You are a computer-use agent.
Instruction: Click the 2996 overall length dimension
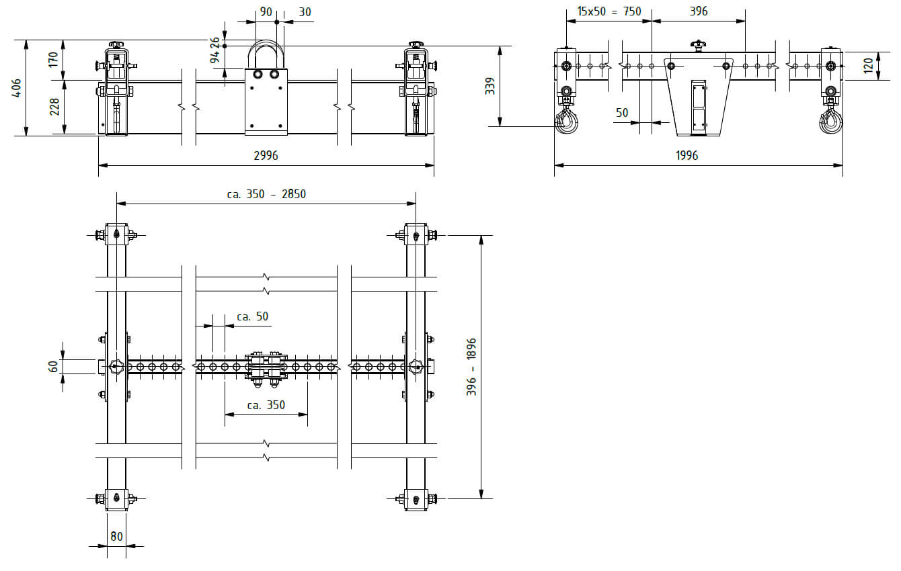tap(266, 155)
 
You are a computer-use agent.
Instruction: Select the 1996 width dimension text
tap(687, 155)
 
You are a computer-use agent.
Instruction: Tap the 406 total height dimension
tap(17, 87)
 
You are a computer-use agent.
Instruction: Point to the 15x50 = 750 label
tap(609, 11)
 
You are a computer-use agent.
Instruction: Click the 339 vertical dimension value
tap(490, 86)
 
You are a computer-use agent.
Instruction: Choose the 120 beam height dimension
tap(868, 66)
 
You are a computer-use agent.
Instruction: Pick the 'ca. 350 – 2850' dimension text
tap(266, 194)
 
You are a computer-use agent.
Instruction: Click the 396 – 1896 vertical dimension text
tap(471, 367)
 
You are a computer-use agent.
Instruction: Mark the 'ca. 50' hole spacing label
tap(253, 316)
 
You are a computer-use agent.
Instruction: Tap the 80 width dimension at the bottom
tap(116, 537)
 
